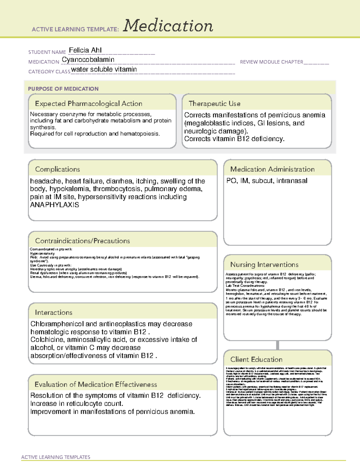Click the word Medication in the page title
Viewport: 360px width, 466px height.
[168, 26]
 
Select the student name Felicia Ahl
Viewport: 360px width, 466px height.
[85, 50]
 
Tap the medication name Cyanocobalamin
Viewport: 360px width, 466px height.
[88, 60]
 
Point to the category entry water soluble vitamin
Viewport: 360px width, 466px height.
[104, 69]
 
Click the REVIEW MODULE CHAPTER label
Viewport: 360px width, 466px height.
[271, 62]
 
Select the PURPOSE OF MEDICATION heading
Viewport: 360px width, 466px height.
[63, 89]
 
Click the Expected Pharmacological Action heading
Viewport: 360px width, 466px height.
[88, 104]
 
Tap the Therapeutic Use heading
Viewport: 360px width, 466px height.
[214, 104]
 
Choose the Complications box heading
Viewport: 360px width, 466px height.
[57, 169]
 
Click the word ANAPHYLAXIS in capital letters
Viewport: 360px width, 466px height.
[55, 205]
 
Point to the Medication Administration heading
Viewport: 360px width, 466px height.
[272, 169]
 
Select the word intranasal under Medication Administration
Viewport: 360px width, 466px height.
[292, 181]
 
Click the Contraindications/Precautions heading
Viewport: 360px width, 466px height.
[82, 241]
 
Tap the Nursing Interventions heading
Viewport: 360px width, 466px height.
[264, 265]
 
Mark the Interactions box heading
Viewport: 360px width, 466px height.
[53, 313]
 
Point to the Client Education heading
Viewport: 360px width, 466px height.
[256, 359]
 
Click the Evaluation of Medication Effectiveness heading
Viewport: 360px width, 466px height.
[96, 384]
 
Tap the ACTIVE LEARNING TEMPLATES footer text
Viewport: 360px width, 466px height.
[56, 457]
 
